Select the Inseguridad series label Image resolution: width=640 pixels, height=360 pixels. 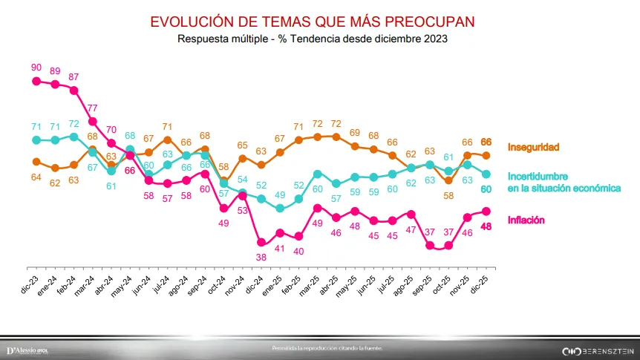pos(533,147)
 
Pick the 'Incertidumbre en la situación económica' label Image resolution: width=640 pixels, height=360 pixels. pos(564,183)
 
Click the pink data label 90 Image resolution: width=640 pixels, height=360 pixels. pos(36,68)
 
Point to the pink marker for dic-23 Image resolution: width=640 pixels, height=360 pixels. pos(36,81)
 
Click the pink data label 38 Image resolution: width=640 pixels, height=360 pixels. pos(261,257)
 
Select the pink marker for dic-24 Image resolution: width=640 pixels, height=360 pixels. pos(261,242)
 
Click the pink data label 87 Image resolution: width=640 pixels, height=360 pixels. pos(74,76)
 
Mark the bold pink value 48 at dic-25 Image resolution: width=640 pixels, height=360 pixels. pos(487,226)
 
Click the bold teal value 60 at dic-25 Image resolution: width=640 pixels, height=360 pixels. pos(487,189)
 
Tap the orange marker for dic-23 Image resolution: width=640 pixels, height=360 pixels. pos(36,161)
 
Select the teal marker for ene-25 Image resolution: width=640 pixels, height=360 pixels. pos(280,209)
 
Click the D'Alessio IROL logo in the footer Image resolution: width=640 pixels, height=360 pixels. pos(27,350)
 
